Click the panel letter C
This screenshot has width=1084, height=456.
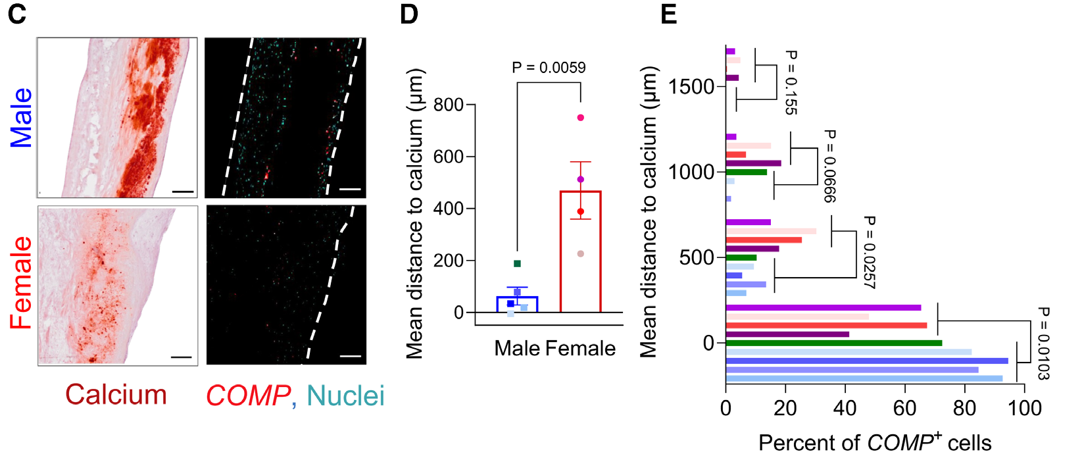tap(17, 14)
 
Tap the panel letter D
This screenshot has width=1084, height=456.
tap(409, 14)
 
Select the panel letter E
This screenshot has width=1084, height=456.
tap(668, 14)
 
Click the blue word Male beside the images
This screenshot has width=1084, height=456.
tap(21, 118)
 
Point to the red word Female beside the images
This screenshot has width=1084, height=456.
tap(21, 283)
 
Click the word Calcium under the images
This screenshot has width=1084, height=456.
tap(116, 395)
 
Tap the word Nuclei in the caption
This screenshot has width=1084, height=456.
tap(345, 395)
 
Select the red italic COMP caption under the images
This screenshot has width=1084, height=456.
tap(248, 395)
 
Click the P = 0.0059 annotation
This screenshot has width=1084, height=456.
tap(549, 67)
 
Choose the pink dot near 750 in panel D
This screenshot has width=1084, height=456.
tap(581, 118)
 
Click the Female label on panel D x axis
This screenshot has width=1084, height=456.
tap(581, 349)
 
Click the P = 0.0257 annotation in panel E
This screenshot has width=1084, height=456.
tap(870, 252)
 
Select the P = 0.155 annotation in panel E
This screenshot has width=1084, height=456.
tap(790, 82)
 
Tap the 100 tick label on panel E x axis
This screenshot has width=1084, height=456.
tap(1025, 408)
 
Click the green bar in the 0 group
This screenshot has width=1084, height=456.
tap(834, 343)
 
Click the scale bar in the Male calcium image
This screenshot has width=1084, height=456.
tap(183, 191)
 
